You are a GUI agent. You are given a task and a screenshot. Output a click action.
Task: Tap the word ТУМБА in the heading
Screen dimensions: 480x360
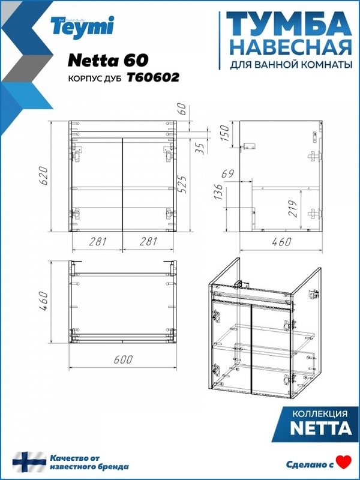pos(287,25)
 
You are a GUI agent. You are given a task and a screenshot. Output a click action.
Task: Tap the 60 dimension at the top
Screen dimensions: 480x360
pos(182,110)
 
